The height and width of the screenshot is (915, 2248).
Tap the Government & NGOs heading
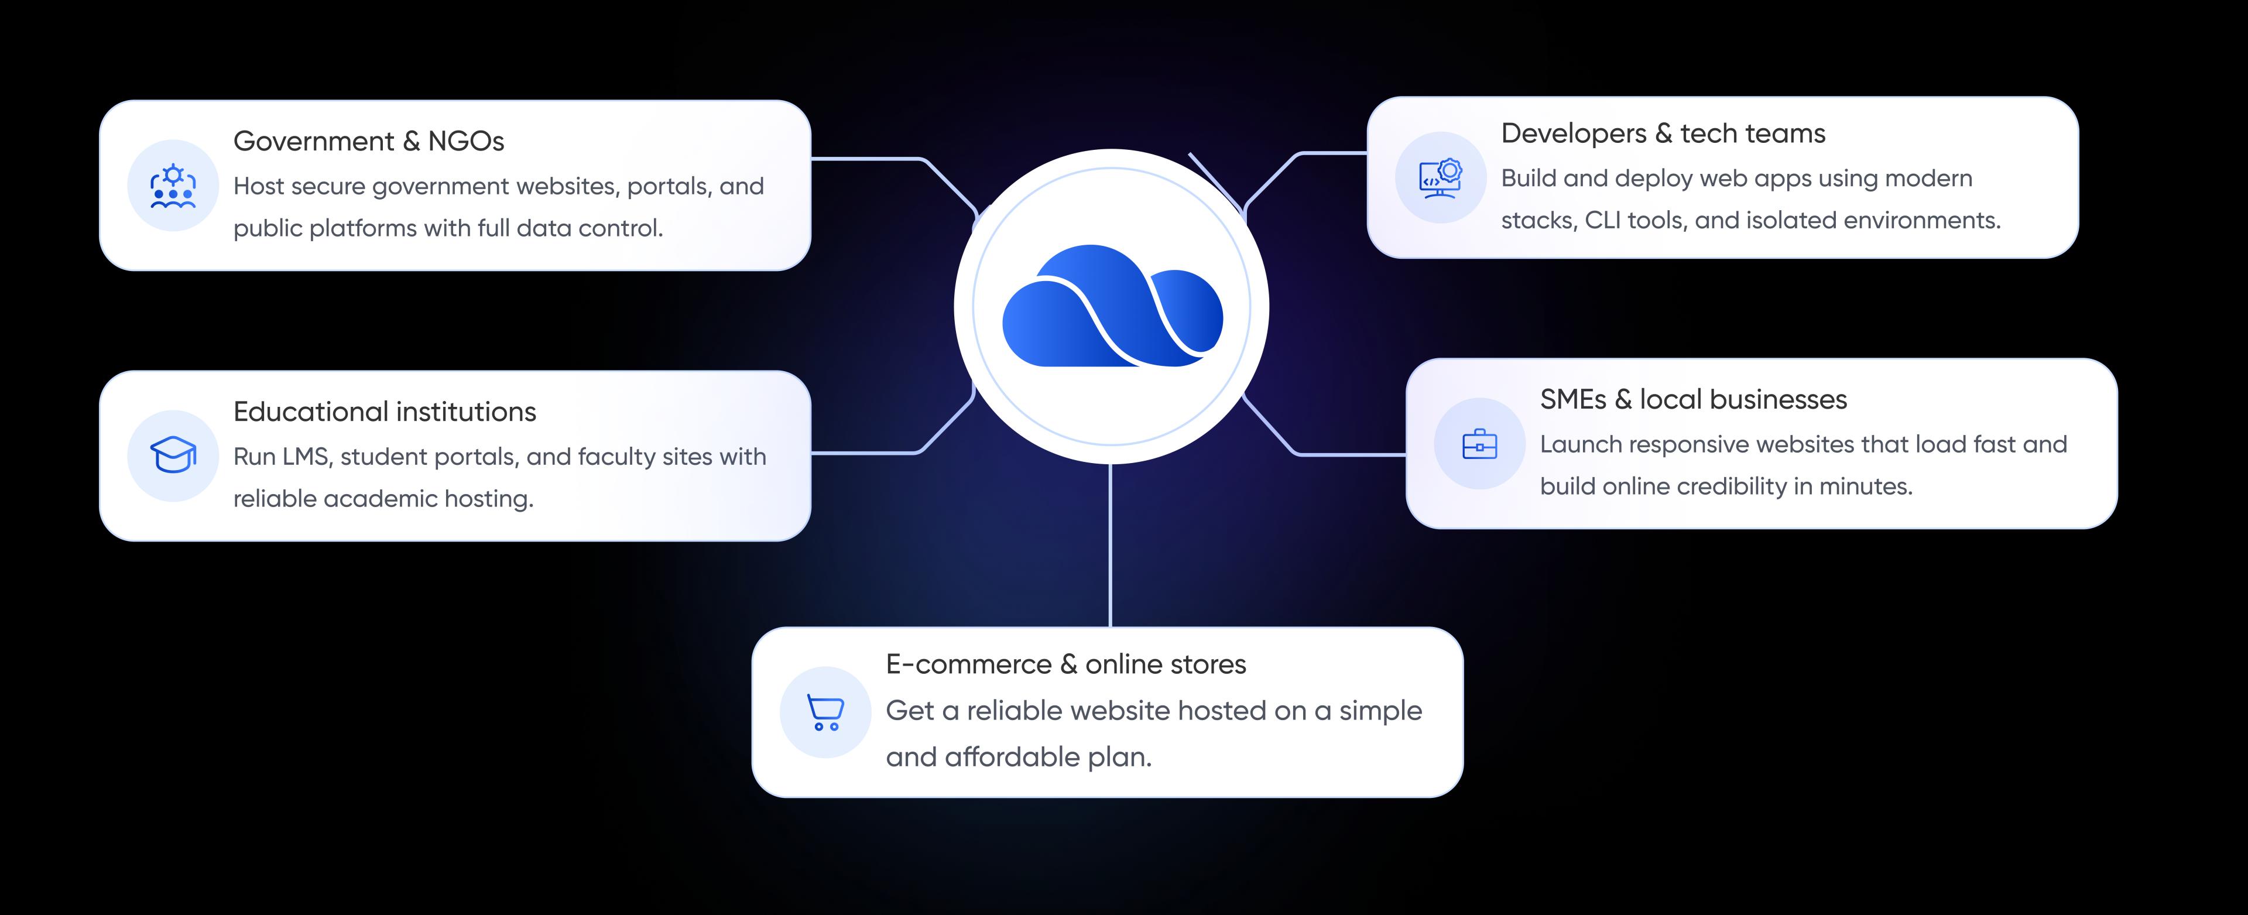point(368,141)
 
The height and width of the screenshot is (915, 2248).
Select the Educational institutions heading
point(384,412)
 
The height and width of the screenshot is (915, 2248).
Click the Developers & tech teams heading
point(1663,133)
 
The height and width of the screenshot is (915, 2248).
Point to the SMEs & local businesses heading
point(1693,399)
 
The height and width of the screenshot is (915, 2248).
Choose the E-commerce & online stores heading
point(1065,664)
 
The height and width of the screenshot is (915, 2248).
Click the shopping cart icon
point(825,712)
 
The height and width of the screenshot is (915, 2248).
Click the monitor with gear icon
point(1440,178)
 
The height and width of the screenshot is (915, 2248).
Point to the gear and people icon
point(173,186)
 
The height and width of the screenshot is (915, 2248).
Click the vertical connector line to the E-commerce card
point(1110,545)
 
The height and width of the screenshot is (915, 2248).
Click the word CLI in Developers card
point(1602,221)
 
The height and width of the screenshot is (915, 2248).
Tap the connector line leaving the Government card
point(864,159)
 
